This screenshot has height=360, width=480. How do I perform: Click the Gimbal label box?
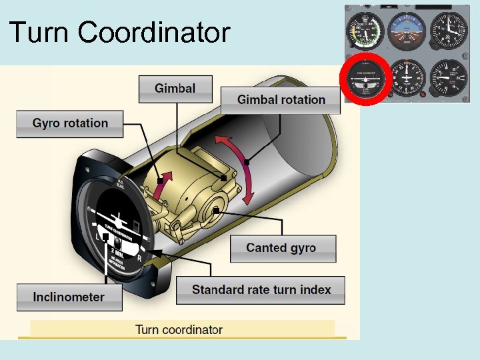175,89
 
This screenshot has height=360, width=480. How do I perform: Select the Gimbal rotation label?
281,100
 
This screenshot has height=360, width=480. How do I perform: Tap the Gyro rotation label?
70,123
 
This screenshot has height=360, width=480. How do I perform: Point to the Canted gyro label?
281,248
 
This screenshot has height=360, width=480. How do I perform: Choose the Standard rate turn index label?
261,290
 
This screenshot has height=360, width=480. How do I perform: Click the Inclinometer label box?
69,297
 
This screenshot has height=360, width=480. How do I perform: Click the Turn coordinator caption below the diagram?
179,329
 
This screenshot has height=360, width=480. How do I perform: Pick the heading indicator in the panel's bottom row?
407,78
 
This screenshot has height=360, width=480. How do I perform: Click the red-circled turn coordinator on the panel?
365,79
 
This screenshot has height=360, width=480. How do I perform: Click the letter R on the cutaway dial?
139,258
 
